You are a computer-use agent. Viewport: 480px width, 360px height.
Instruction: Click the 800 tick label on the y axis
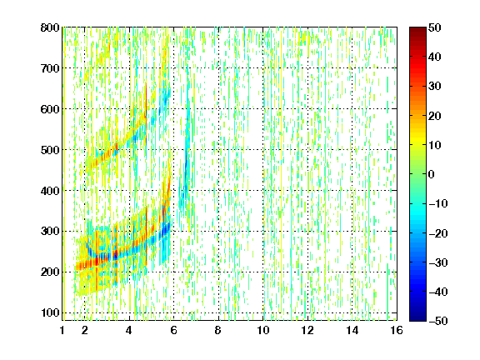pos(50,27)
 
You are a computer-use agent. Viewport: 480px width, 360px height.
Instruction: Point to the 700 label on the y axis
pos(50,68)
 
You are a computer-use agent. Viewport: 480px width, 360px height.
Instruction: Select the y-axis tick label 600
pos(50,109)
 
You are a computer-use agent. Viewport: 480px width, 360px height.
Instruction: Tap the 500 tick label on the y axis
pos(50,150)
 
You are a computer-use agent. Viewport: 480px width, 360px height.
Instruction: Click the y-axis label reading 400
pos(50,191)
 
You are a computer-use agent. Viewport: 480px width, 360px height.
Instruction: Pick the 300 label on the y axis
pos(50,232)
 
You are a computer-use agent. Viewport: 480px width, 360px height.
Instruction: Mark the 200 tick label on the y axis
pos(50,272)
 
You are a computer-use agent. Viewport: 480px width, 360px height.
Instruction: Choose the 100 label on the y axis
pos(50,312)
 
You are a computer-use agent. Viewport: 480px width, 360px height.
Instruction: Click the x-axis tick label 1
pos(62,330)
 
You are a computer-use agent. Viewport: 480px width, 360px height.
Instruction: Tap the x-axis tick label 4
pos(129,330)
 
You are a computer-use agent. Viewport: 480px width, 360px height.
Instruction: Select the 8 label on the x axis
pos(217,330)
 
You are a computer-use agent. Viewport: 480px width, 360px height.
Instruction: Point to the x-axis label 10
pos(263,330)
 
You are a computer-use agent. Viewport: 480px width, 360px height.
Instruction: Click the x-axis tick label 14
pos(352,330)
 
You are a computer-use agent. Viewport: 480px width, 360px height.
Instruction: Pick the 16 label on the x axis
pos(397,330)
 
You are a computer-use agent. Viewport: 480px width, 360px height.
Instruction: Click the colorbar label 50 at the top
pos(435,27)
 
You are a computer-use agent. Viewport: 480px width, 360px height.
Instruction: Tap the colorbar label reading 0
pos(432,174)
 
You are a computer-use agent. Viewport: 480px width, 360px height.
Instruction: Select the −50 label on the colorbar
pos(438,321)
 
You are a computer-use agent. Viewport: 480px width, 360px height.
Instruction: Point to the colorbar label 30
pos(435,87)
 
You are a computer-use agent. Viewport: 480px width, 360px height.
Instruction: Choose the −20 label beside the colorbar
pos(438,233)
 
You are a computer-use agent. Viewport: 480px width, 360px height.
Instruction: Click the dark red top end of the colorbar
pos(417,29)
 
